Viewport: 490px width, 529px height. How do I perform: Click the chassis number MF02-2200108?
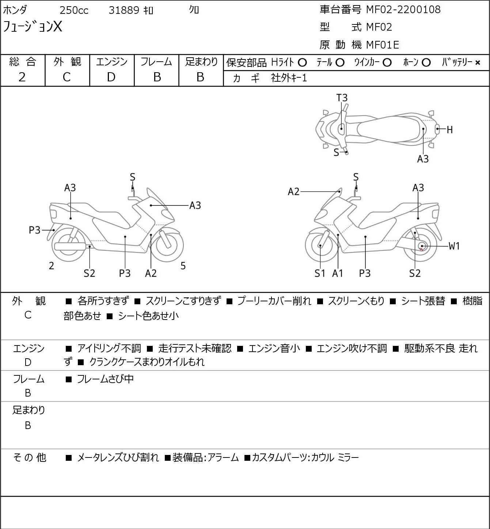tap(401, 10)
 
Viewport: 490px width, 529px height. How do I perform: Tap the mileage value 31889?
tap(124, 11)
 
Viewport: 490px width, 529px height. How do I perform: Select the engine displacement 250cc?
tap(74, 11)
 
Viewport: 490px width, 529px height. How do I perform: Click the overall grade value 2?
tap(22, 77)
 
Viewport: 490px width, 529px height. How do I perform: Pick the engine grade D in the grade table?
tap(111, 77)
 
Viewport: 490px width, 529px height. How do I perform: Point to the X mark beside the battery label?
tap(478, 63)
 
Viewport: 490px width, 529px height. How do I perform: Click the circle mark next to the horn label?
tap(426, 63)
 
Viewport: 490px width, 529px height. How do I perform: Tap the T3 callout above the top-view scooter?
tap(342, 98)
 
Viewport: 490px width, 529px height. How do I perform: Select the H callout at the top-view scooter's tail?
tap(450, 130)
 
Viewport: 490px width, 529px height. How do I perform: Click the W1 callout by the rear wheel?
tap(454, 246)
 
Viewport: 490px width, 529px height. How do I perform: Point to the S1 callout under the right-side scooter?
tap(320, 273)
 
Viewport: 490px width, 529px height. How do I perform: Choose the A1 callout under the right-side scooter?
tap(338, 273)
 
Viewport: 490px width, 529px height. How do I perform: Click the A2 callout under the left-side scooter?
tap(151, 273)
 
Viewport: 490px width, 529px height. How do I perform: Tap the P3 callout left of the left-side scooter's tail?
tap(35, 230)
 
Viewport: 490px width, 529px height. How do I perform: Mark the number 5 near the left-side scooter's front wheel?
tap(183, 266)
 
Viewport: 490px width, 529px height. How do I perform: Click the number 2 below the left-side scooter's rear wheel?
tap(52, 266)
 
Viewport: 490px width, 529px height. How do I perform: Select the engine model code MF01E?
tap(382, 45)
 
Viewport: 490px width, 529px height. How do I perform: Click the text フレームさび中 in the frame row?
tap(105, 379)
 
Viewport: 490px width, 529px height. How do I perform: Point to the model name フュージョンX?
tap(33, 27)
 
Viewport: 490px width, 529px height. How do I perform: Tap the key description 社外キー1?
tap(289, 78)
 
